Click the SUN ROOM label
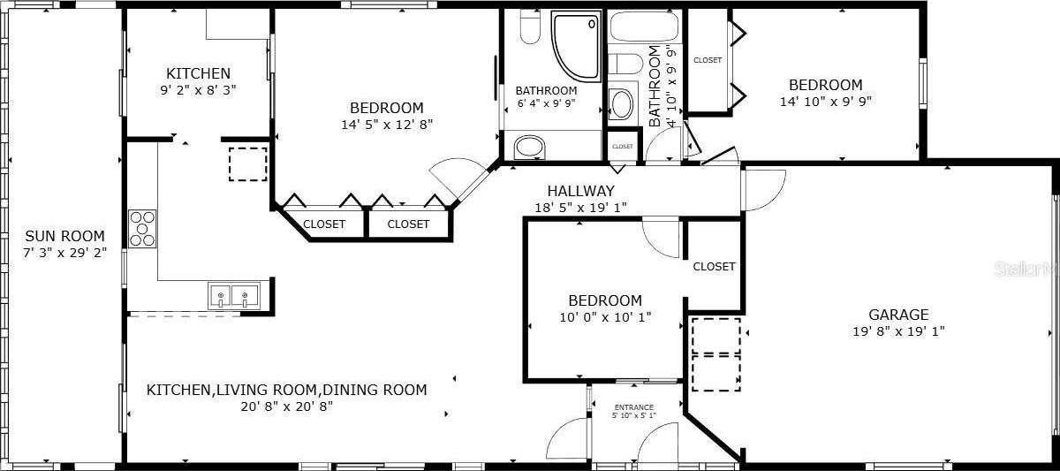pyautogui.click(x=64, y=236)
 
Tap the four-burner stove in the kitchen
pyautogui.click(x=142, y=229)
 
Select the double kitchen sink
pyautogui.click(x=234, y=296)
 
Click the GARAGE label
pyautogui.click(x=898, y=315)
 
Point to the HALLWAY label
pyautogui.click(x=580, y=191)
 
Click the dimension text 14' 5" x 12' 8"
pyautogui.click(x=387, y=125)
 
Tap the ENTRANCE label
pyautogui.click(x=633, y=407)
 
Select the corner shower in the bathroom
pyautogui.click(x=576, y=46)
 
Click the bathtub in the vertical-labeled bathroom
pyautogui.click(x=645, y=27)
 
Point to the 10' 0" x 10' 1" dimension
pyautogui.click(x=605, y=316)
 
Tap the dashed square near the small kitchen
pyautogui.click(x=248, y=163)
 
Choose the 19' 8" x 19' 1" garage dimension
pyautogui.click(x=898, y=330)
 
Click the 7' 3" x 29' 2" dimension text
pyautogui.click(x=64, y=253)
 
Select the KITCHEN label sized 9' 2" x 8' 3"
pyautogui.click(x=198, y=73)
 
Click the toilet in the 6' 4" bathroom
pyautogui.click(x=530, y=27)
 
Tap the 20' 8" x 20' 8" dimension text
pyautogui.click(x=287, y=406)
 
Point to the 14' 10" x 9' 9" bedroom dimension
pyautogui.click(x=826, y=102)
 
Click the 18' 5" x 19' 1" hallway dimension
pyautogui.click(x=580, y=208)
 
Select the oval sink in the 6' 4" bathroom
pyautogui.click(x=529, y=148)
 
